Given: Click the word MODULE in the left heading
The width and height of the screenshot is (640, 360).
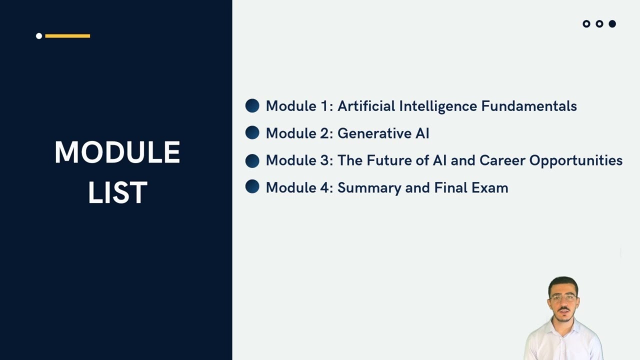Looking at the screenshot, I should click(117, 152).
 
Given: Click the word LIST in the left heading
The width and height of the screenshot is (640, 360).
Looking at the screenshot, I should click(117, 192).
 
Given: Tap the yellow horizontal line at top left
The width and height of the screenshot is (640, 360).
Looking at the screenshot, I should click(67, 36).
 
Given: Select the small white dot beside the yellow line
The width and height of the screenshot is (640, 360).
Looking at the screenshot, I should click(39, 36).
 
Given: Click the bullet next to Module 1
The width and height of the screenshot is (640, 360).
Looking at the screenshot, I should click(252, 105).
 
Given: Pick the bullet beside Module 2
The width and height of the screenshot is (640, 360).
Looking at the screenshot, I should click(252, 132).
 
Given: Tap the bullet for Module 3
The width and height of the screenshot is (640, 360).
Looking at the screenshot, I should click(252, 160).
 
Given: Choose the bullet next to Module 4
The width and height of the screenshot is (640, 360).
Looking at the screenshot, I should click(252, 187).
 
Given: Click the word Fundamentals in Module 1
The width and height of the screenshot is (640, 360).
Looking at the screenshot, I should click(529, 106).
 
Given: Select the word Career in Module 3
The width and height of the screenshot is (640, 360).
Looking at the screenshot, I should click(502, 160).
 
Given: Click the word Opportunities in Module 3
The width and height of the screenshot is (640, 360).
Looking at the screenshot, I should click(575, 161).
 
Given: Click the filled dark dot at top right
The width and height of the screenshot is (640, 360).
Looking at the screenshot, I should click(612, 23).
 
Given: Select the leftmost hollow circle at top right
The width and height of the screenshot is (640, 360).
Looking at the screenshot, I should click(586, 23).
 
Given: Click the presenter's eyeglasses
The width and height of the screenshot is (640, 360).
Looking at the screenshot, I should click(563, 298).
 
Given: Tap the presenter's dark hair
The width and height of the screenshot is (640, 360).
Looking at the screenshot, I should click(563, 283).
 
